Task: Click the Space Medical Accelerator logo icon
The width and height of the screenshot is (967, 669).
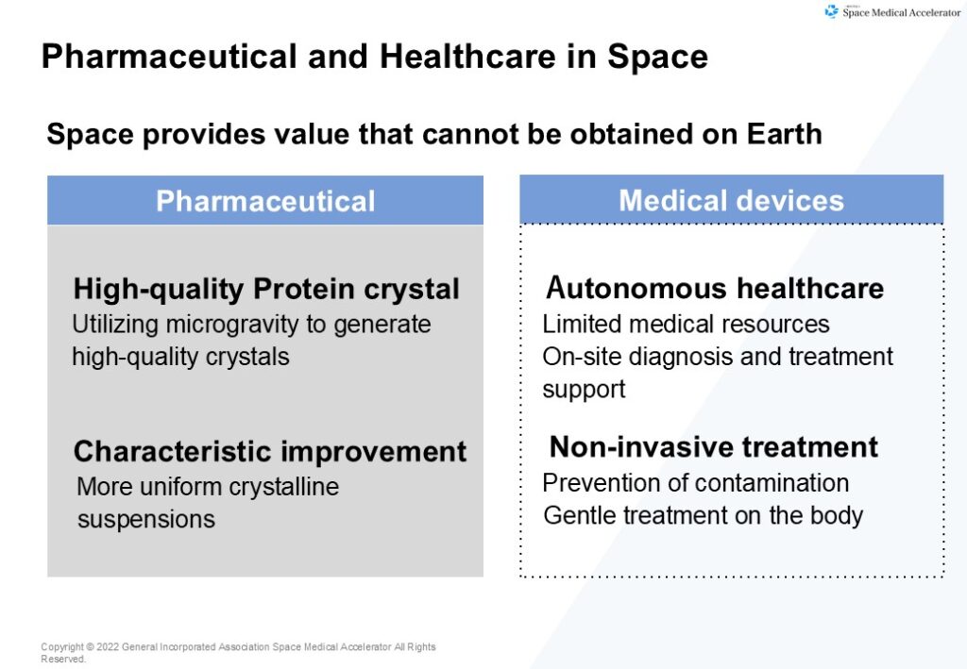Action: click(x=831, y=11)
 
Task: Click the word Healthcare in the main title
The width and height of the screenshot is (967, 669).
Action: click(x=467, y=57)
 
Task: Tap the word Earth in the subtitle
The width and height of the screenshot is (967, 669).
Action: click(x=784, y=134)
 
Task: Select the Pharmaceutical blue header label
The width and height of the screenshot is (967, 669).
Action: click(x=265, y=201)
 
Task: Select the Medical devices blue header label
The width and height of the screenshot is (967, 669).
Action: click(x=732, y=200)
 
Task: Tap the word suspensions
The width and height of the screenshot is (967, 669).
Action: click(x=146, y=519)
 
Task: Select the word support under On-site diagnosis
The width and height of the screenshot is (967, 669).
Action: click(x=584, y=390)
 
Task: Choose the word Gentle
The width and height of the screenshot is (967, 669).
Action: click(x=579, y=515)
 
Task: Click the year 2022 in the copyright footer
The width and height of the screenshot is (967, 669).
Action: click(x=108, y=646)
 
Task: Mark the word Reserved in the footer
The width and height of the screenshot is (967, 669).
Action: click(x=63, y=659)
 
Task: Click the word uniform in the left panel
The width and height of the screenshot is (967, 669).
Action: click(x=181, y=487)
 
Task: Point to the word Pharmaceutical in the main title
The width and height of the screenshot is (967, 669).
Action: click(x=169, y=57)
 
